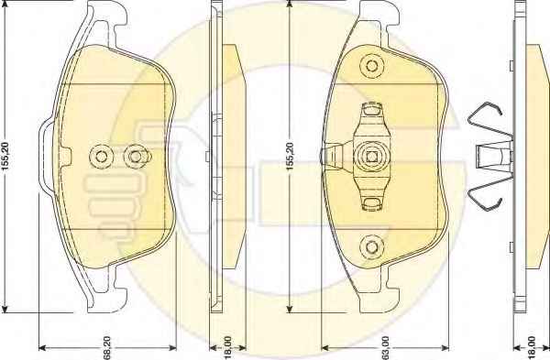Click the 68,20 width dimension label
pos(107,348)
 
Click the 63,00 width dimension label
pos(386,348)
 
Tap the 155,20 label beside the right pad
pos(290,156)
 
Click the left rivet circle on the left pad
pos(101,157)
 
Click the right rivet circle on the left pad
pos(136,157)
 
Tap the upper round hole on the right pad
pos(371,66)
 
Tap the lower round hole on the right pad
pos(371,246)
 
